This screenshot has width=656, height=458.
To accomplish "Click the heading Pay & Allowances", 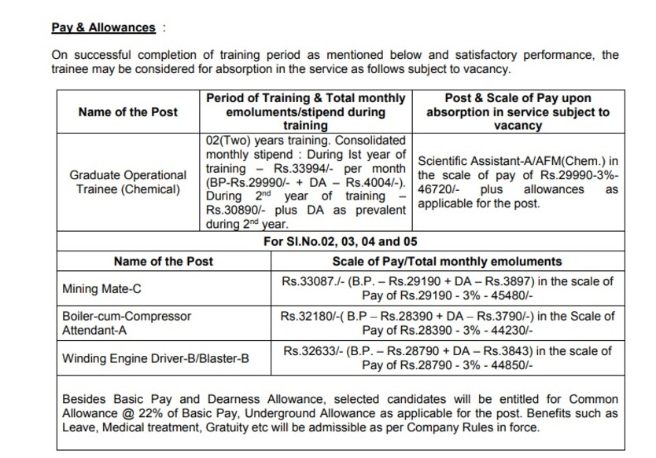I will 103,27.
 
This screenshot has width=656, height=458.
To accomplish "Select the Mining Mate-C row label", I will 101,288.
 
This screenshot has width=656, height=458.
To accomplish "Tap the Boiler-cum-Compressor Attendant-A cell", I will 126,323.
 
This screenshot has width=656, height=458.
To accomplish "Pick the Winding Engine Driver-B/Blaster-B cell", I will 155,358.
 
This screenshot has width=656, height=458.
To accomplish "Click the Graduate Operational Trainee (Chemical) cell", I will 128,182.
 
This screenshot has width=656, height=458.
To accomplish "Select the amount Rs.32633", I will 310,351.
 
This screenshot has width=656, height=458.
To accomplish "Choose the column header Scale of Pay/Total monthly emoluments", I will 447,261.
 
